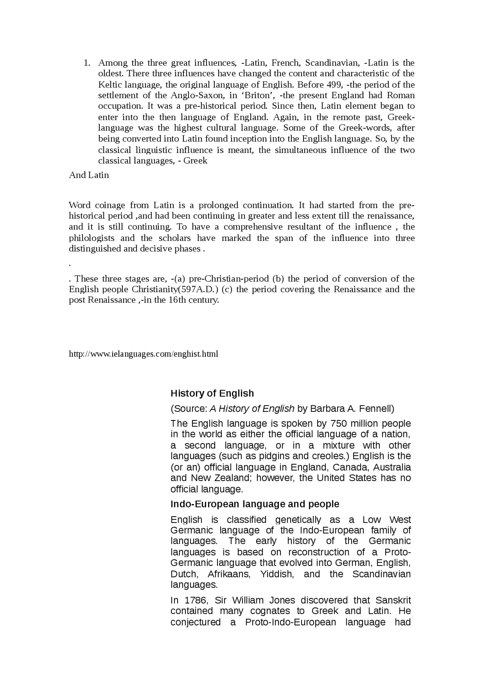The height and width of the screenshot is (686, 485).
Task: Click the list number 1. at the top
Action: (x=87, y=63)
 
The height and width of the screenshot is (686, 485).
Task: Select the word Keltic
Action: (x=110, y=84)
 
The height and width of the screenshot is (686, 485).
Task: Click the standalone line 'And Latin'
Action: (x=89, y=175)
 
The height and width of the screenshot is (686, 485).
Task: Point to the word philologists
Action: (x=91, y=238)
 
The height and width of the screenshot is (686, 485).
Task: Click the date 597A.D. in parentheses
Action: (x=199, y=290)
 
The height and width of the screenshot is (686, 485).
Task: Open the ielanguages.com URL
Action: (x=143, y=354)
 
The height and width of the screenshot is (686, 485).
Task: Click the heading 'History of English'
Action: (x=212, y=394)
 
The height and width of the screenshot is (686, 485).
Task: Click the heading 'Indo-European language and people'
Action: (x=255, y=504)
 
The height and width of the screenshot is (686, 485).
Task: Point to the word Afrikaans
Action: (x=229, y=574)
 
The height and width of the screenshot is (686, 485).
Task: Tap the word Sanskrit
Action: (x=393, y=600)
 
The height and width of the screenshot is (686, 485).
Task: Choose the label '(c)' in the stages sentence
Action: (x=227, y=290)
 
